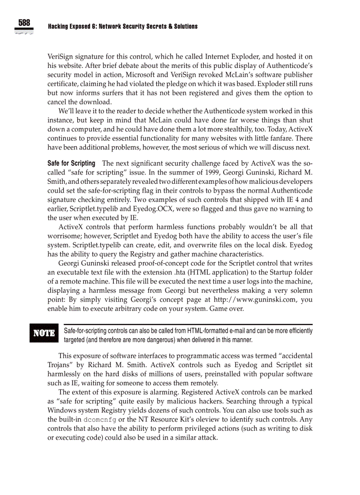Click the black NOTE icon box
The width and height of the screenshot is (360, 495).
tap(44, 333)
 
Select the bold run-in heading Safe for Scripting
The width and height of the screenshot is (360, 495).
tap(71, 164)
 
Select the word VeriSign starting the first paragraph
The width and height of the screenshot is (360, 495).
tap(61, 57)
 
